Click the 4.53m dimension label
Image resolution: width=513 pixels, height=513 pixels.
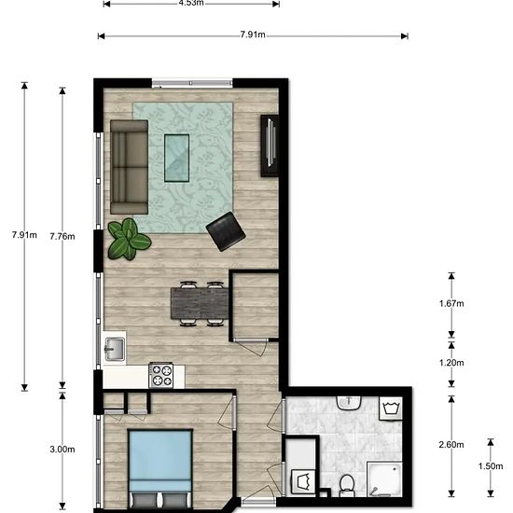(x=191, y=2)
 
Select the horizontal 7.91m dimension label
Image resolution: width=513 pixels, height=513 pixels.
(x=252, y=35)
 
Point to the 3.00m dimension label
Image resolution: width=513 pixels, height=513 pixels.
(x=62, y=449)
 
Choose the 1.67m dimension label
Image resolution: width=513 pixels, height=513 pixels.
(x=451, y=304)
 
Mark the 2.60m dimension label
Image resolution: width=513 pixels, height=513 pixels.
(x=451, y=444)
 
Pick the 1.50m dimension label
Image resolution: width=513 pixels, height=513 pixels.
(x=489, y=466)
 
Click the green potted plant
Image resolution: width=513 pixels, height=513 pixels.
(x=127, y=239)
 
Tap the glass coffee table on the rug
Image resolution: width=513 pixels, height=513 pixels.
(x=176, y=158)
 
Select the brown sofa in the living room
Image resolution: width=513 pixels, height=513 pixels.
(x=130, y=165)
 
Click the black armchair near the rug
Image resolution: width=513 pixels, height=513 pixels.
(x=225, y=231)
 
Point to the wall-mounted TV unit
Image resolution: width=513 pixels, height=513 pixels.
(x=270, y=145)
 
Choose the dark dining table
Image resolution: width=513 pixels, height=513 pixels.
(x=199, y=302)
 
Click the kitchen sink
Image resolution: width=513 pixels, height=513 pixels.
(x=114, y=349)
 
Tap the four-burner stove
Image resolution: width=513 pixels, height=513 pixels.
(x=162, y=374)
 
